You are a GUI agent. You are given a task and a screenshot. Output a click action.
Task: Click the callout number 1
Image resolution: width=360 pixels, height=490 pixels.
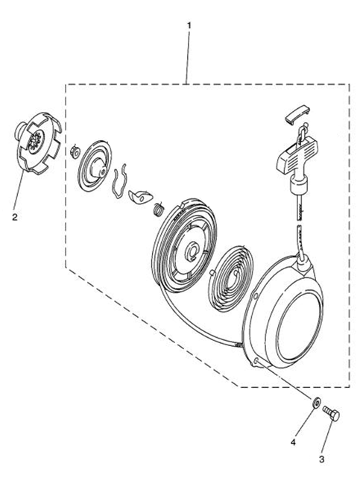tap(189, 25)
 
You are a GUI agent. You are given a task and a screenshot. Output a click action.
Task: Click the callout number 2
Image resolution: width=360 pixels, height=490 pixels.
tap(15, 217)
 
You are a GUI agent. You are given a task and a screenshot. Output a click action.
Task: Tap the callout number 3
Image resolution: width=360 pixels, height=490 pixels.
tap(321, 459)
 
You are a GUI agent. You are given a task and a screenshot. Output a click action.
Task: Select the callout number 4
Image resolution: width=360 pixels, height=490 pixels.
tap(293, 442)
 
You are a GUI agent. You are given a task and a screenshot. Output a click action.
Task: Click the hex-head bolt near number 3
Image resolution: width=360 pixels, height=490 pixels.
tap(332, 412)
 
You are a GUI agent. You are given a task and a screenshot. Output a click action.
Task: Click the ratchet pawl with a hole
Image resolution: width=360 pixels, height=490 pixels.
tap(140, 196)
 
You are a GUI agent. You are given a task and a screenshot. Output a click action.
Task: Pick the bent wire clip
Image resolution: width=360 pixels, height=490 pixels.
tap(119, 181)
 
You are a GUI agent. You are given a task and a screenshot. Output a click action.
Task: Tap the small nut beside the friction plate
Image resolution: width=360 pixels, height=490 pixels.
tap(75, 151)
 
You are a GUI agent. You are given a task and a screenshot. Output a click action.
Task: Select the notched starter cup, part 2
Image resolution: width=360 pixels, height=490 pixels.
tap(39, 142)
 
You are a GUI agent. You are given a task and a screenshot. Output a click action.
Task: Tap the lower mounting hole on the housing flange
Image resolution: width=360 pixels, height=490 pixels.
tap(256, 361)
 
